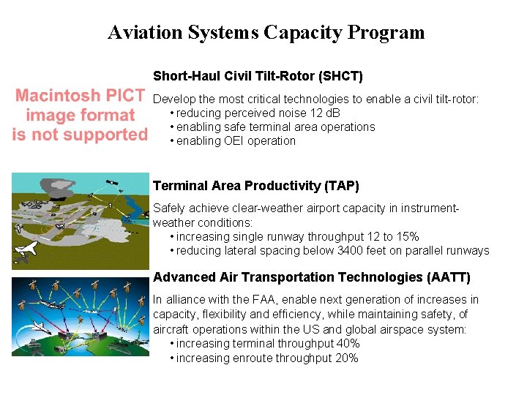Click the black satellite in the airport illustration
coord(113,184)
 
